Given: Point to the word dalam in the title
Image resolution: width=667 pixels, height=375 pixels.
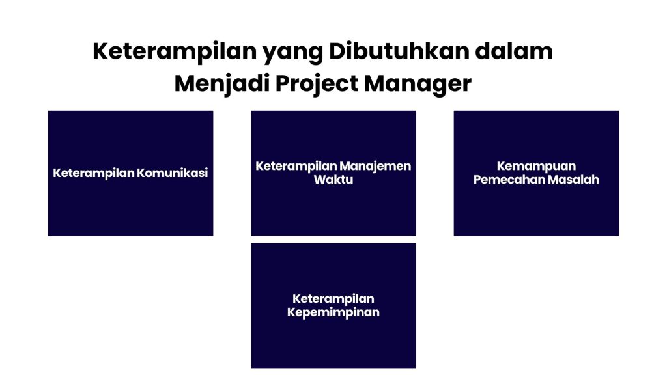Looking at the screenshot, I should click(514, 51).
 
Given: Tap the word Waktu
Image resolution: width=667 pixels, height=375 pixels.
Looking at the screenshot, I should click(333, 180).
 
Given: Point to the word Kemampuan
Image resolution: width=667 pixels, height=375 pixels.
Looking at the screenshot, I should click(536, 166).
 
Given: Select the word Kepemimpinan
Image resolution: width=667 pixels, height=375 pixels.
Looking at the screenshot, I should click(333, 312).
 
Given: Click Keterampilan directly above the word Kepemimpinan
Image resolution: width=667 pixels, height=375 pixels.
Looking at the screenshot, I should click(333, 299).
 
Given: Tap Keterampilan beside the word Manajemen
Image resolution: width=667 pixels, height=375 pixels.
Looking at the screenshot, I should click(296, 166).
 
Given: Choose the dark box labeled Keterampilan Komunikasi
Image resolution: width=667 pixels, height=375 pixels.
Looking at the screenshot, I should click(130, 208).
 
